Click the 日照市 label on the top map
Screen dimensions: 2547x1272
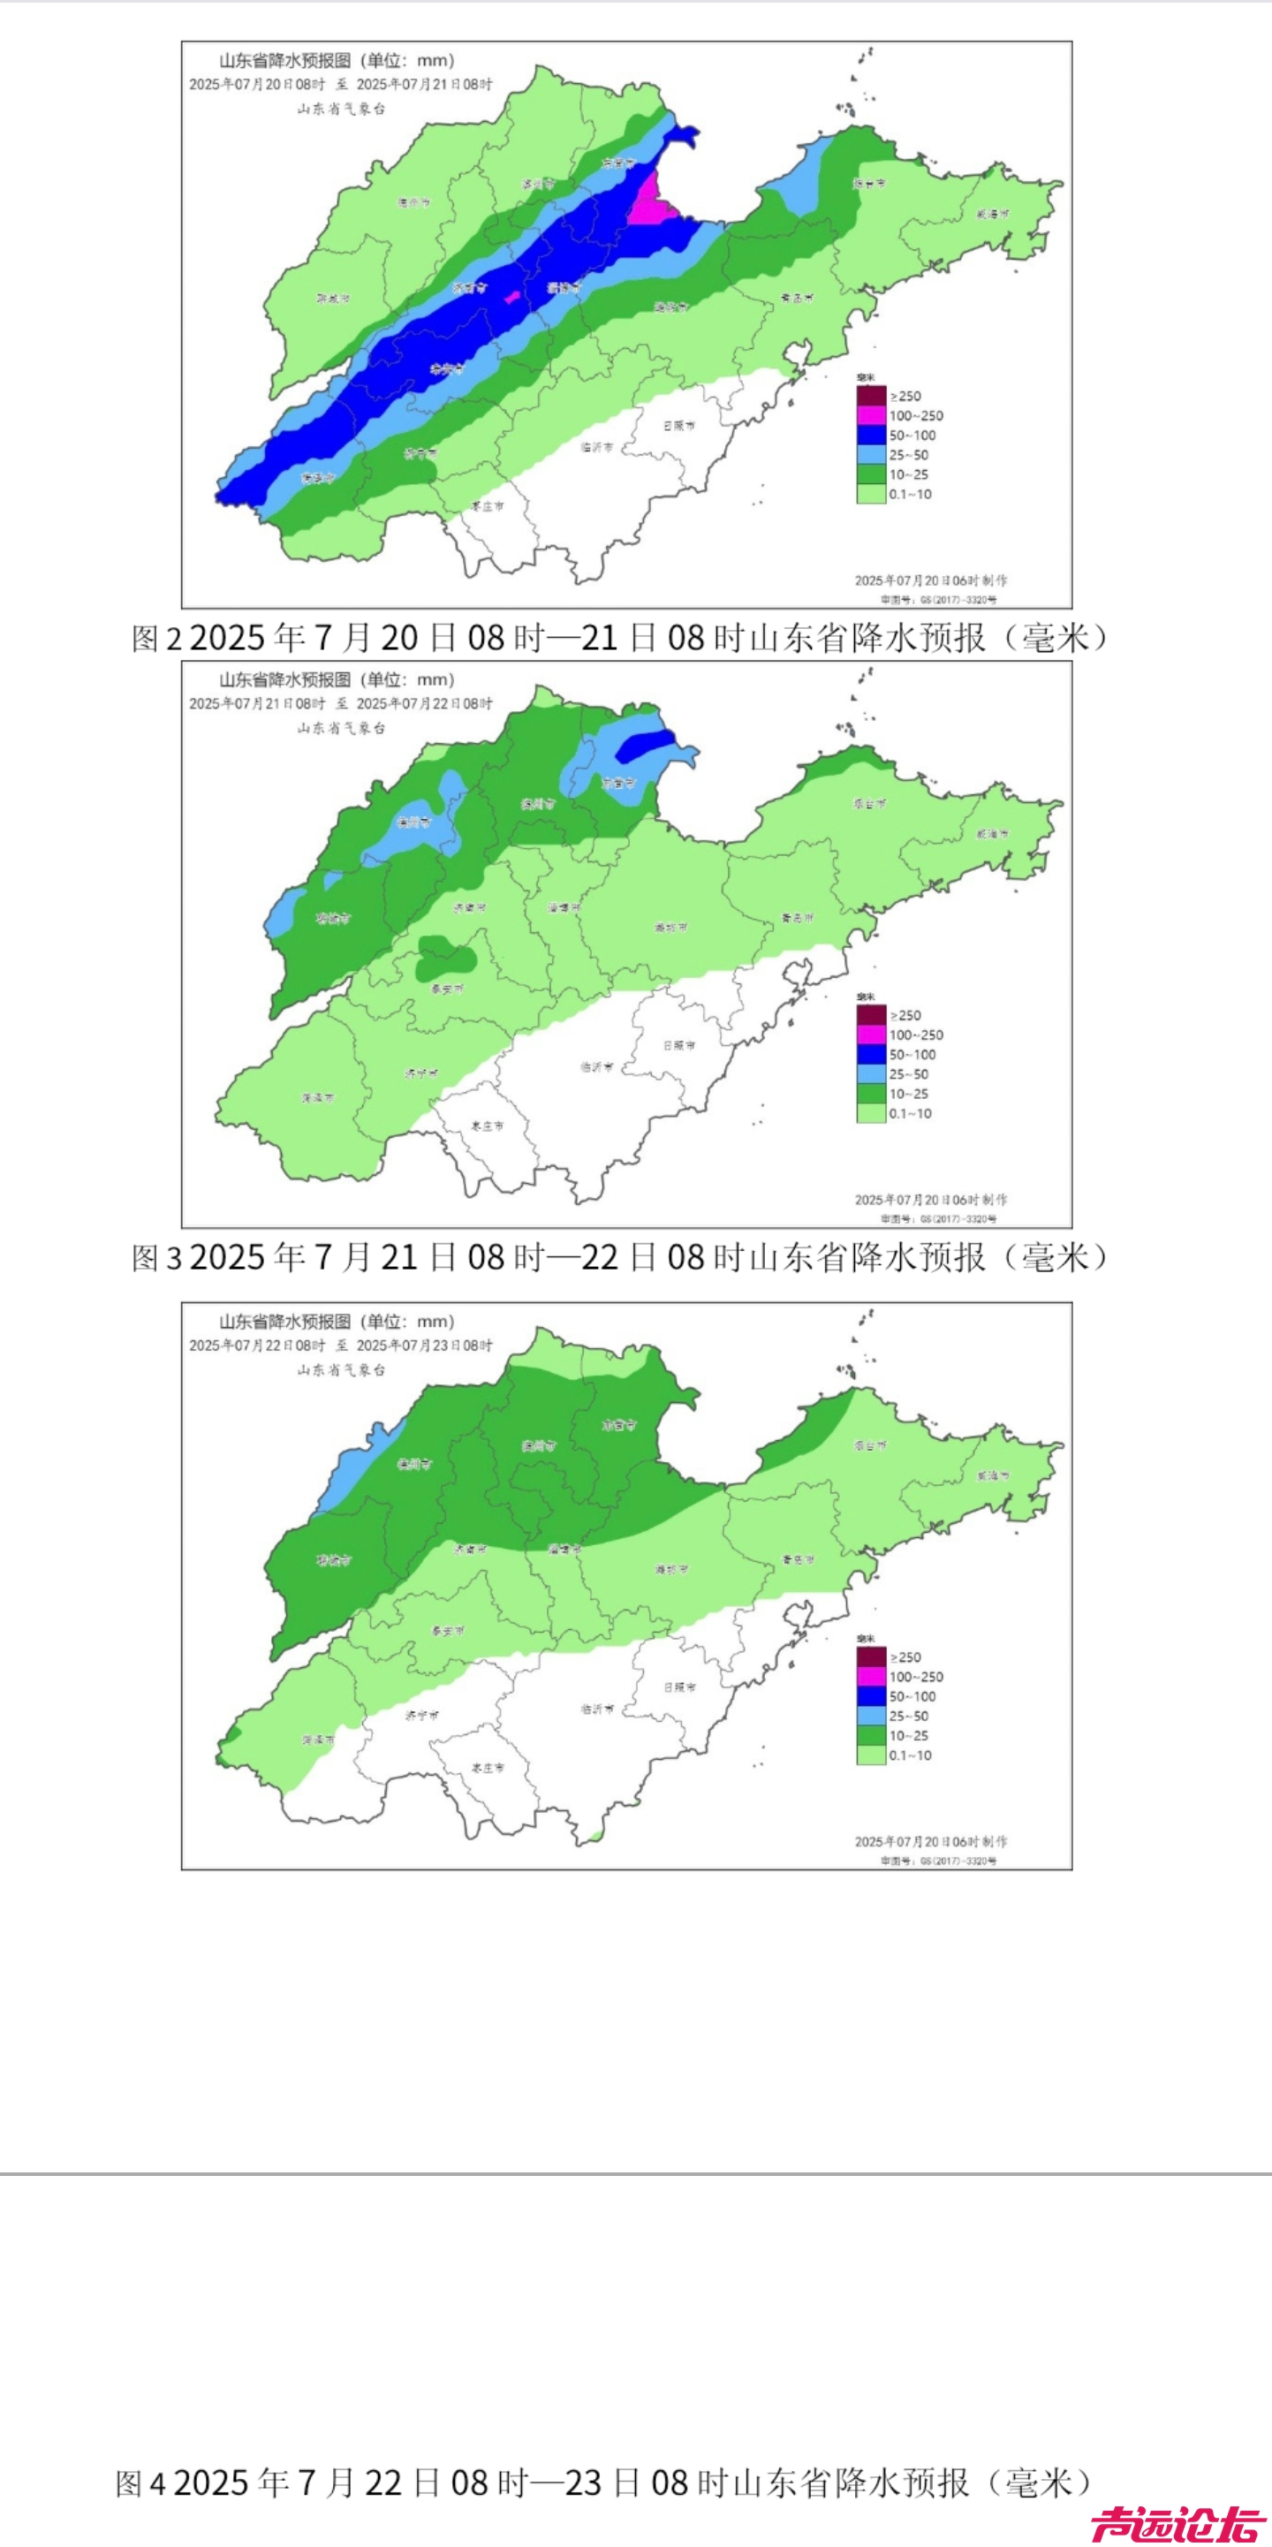[678, 425]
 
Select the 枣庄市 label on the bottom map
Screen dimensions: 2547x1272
[488, 1767]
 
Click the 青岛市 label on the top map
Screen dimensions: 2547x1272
[797, 298]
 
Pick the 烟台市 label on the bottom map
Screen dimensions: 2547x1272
[870, 1445]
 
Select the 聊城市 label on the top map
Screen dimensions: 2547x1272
[332, 298]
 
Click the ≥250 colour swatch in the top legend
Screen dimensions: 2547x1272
[871, 396]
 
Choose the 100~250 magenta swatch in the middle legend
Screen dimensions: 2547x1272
[871, 1035]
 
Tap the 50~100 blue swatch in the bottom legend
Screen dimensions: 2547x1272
[871, 1695]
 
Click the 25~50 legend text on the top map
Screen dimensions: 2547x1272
[908, 455]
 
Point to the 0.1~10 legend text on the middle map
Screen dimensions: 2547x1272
[909, 1113]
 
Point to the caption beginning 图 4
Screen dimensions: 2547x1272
[604, 2482]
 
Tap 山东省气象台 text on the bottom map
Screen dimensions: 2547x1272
[341, 1369]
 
